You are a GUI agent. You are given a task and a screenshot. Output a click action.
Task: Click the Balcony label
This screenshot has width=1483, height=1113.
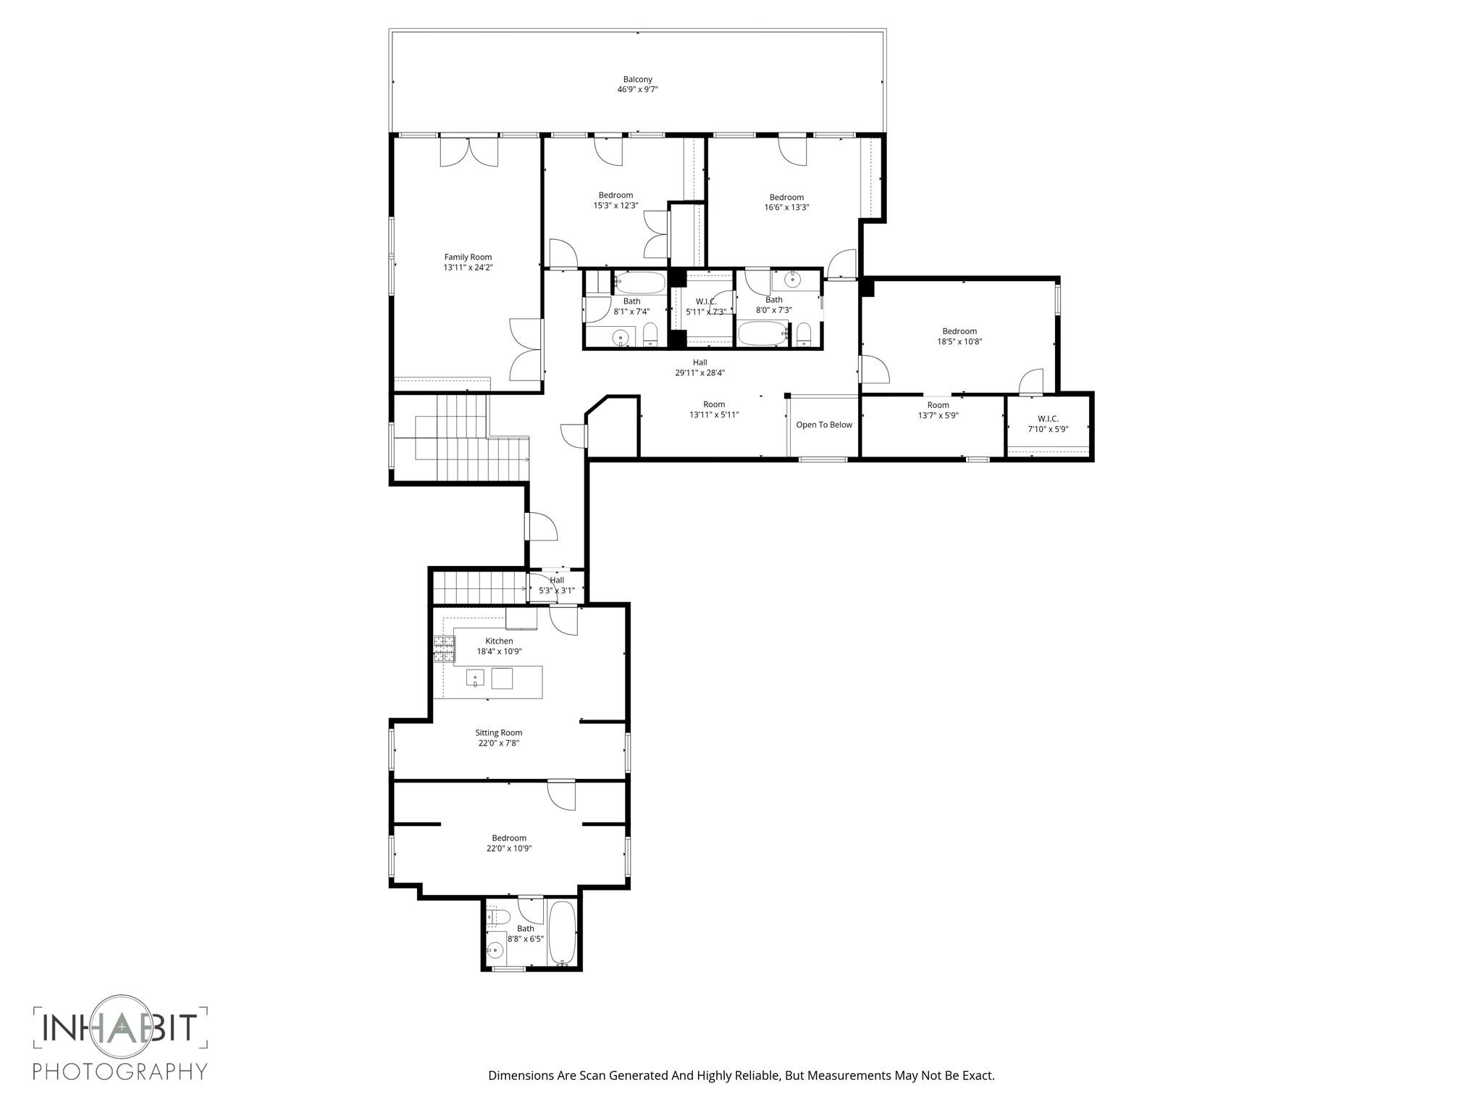click(637, 80)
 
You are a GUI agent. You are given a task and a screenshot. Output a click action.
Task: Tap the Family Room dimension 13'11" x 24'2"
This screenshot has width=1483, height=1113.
click(468, 267)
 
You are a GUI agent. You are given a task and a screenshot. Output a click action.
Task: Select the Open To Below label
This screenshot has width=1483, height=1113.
click(824, 425)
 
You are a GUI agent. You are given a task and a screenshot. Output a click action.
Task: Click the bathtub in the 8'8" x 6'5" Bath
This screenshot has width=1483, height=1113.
click(563, 932)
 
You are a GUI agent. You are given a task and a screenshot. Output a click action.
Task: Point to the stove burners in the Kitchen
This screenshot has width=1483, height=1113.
click(443, 649)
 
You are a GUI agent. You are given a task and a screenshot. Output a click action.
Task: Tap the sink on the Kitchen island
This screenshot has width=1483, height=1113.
click(475, 679)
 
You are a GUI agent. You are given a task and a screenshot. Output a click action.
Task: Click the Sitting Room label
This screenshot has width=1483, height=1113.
click(498, 733)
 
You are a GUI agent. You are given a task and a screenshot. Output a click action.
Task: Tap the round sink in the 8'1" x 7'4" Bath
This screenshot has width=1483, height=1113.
click(621, 337)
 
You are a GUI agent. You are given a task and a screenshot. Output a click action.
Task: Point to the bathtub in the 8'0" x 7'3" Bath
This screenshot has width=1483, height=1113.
click(762, 335)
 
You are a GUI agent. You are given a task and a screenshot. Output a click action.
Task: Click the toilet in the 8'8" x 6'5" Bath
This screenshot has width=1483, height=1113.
click(495, 917)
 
